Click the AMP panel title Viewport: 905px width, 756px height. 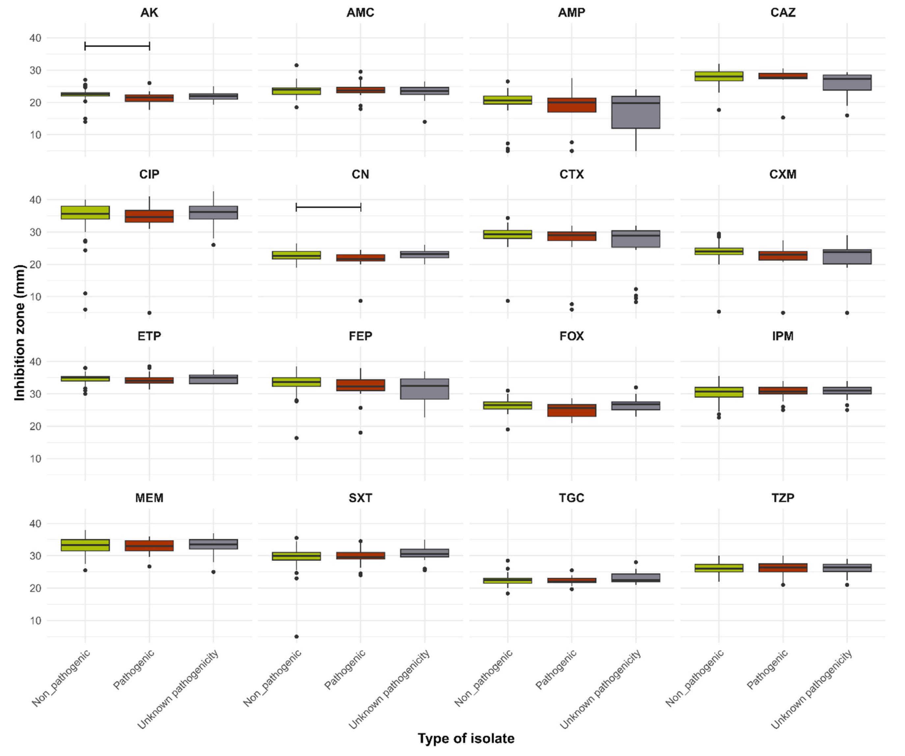[571, 13]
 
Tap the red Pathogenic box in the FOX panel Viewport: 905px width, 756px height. [571, 410]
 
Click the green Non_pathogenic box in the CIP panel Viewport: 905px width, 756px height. [85, 213]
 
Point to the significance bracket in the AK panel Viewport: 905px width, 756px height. [117, 46]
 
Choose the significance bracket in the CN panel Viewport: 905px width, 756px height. [328, 207]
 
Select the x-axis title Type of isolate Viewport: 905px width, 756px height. [466, 738]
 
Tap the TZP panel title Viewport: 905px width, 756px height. [782, 498]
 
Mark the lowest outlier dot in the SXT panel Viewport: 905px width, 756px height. [296, 636]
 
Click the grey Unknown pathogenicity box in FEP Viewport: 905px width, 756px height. [425, 389]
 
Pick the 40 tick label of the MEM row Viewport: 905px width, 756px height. [35, 523]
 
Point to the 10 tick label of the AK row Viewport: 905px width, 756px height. [35, 135]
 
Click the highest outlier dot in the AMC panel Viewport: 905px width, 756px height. [296, 65]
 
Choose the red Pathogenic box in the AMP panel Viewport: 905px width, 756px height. [571, 105]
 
